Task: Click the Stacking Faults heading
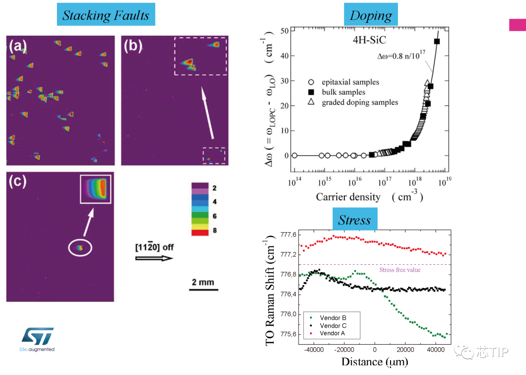coord(105,15)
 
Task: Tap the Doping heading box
coord(371,15)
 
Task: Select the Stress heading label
coord(354,220)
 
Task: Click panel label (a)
coord(18,46)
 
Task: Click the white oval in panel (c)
coord(80,248)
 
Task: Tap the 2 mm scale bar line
coord(202,291)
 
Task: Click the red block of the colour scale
coord(200,232)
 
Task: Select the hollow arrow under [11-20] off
coord(154,258)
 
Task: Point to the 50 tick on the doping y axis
coord(284,31)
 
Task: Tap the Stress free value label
coord(399,270)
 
